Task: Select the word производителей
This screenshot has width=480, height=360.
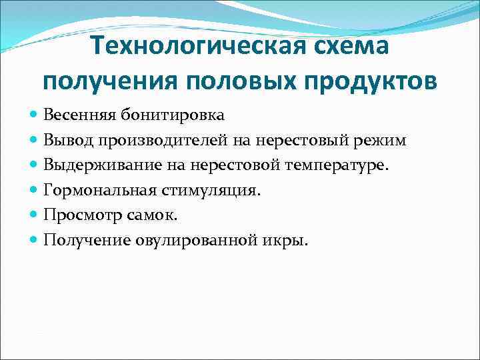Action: point(158,140)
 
